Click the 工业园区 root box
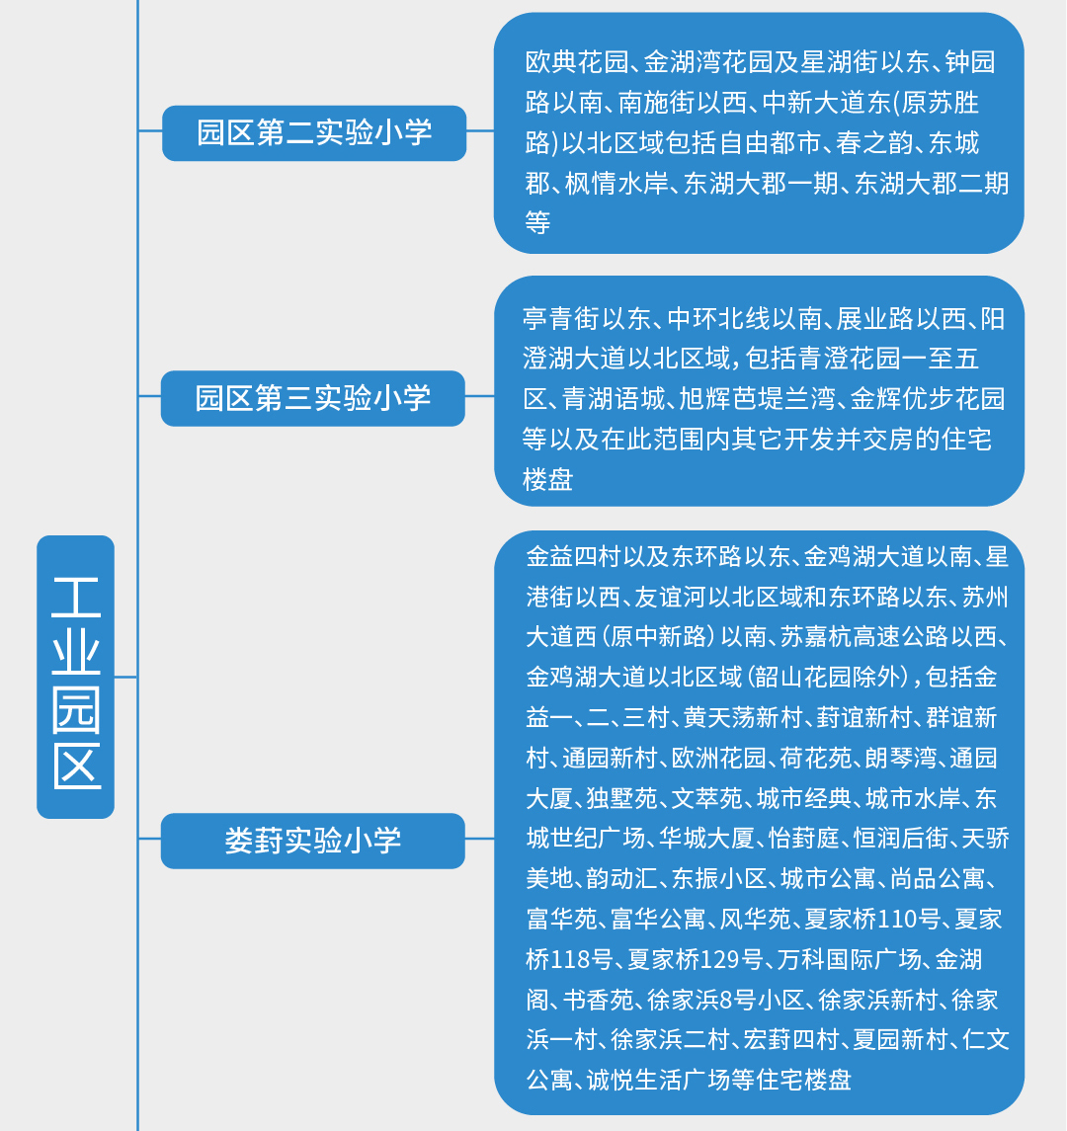(76, 677)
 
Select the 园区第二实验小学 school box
(314, 132)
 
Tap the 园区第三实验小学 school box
(312, 398)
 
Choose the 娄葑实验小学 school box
(312, 841)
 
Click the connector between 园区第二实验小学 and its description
(480, 130)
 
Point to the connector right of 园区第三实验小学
(480, 396)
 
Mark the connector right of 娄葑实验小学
(480, 839)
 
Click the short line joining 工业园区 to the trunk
(125, 677)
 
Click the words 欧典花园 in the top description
(576, 62)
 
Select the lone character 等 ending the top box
(538, 222)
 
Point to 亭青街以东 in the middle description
(587, 318)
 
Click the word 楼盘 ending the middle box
(547, 479)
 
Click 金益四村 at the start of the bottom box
(574, 556)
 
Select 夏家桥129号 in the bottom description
(696, 958)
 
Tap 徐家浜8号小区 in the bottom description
(725, 999)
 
